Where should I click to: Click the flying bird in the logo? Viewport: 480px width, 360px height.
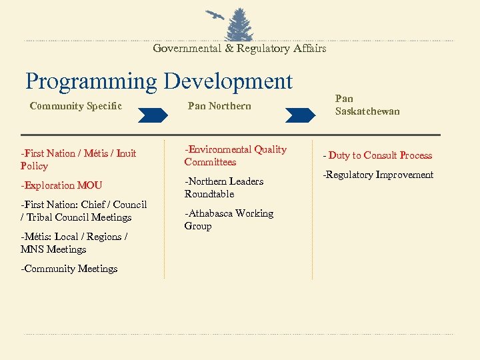[215, 15]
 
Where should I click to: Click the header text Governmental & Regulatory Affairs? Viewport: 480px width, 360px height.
[239, 49]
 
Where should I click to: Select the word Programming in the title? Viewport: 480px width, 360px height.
[91, 81]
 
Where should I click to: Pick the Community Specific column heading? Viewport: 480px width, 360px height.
[76, 106]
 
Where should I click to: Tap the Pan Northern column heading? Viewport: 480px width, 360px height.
[219, 106]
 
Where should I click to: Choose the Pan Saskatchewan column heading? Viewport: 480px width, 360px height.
[367, 105]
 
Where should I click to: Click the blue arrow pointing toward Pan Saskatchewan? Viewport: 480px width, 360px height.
[298, 115]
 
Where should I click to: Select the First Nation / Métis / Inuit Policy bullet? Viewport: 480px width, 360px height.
[78, 159]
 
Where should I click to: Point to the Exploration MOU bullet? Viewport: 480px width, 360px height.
[61, 185]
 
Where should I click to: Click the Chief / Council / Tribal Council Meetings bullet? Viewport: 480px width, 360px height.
[83, 211]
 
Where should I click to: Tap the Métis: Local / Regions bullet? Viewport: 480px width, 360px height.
[73, 243]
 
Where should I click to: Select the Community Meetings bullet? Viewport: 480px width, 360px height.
[69, 269]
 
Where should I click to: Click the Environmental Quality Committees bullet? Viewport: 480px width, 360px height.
[235, 155]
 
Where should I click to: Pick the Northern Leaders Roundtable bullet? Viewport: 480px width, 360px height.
[224, 187]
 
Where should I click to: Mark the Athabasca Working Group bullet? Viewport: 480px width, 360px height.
[229, 219]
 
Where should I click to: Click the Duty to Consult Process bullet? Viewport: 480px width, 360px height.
[378, 155]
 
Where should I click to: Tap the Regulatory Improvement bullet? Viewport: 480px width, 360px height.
[378, 175]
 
